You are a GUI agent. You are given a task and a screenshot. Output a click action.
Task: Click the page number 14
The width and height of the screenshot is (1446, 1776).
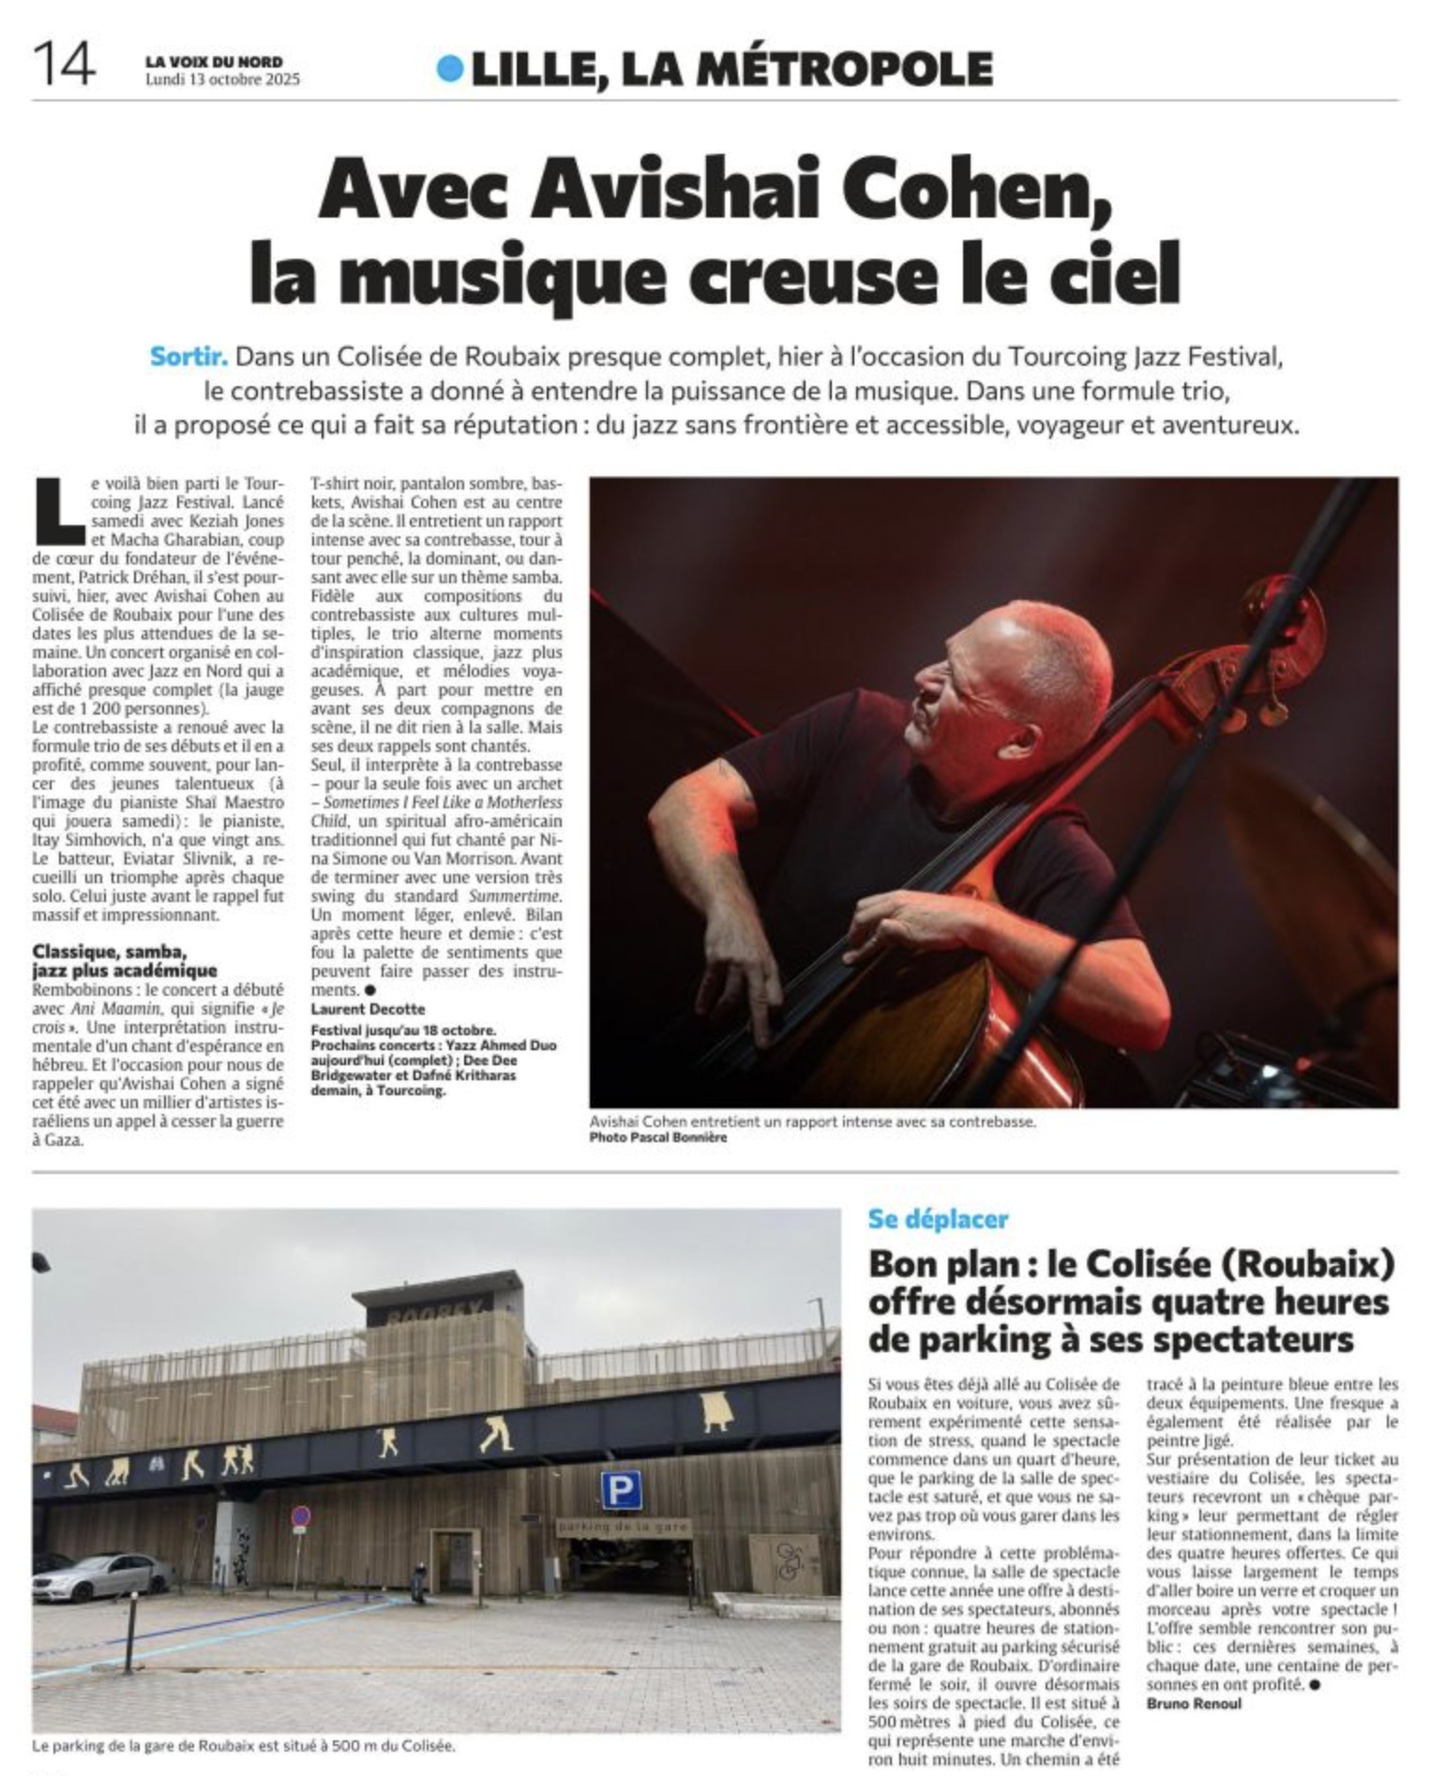click(x=64, y=65)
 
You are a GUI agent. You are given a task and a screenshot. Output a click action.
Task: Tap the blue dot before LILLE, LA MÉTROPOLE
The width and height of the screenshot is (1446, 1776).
click(x=450, y=68)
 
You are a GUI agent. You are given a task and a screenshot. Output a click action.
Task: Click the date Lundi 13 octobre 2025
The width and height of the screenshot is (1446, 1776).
click(x=222, y=80)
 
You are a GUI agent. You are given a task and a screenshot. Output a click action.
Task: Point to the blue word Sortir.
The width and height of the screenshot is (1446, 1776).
click(x=188, y=356)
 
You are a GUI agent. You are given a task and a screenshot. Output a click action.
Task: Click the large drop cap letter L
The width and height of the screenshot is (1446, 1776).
click(x=58, y=511)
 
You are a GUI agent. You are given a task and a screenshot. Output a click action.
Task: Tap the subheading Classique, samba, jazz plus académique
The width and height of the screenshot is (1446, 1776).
click(x=125, y=961)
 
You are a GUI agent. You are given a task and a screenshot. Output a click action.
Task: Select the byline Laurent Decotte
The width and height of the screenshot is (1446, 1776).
click(x=368, y=1009)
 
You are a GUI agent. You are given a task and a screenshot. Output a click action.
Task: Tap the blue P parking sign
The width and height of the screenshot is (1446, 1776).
click(x=621, y=1490)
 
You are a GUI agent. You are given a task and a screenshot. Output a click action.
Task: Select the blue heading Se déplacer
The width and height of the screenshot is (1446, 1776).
click(x=938, y=1219)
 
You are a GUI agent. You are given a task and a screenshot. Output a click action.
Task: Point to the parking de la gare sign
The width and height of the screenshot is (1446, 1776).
click(x=623, y=1527)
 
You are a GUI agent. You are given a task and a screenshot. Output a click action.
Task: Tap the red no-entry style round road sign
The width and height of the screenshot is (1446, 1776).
click(x=300, y=1516)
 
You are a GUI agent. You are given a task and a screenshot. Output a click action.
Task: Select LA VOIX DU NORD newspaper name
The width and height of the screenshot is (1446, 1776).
click(x=214, y=62)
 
